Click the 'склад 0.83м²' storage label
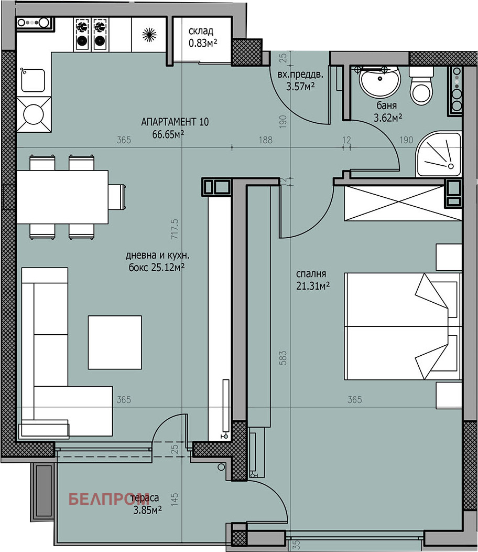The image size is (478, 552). (x=203, y=37)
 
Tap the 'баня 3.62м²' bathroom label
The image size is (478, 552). (x=388, y=112)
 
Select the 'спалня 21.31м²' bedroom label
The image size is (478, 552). (x=313, y=280)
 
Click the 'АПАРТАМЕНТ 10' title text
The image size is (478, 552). (x=175, y=122)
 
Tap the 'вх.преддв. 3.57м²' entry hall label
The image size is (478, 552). (x=300, y=81)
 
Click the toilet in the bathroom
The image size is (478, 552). (x=421, y=86)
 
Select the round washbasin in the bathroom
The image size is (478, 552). (x=379, y=81)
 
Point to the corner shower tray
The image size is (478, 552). (x=438, y=154)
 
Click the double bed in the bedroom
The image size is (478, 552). (x=403, y=326)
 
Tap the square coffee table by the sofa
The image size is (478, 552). (x=115, y=342)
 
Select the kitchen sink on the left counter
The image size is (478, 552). (x=33, y=80)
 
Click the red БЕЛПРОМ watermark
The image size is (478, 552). (x=109, y=499)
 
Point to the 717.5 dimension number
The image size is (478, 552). (x=175, y=229)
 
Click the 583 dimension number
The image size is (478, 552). (x=283, y=358)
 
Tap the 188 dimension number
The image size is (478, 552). (x=266, y=140)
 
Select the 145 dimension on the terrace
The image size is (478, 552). (x=175, y=500)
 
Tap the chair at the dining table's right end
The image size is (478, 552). (x=117, y=197)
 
